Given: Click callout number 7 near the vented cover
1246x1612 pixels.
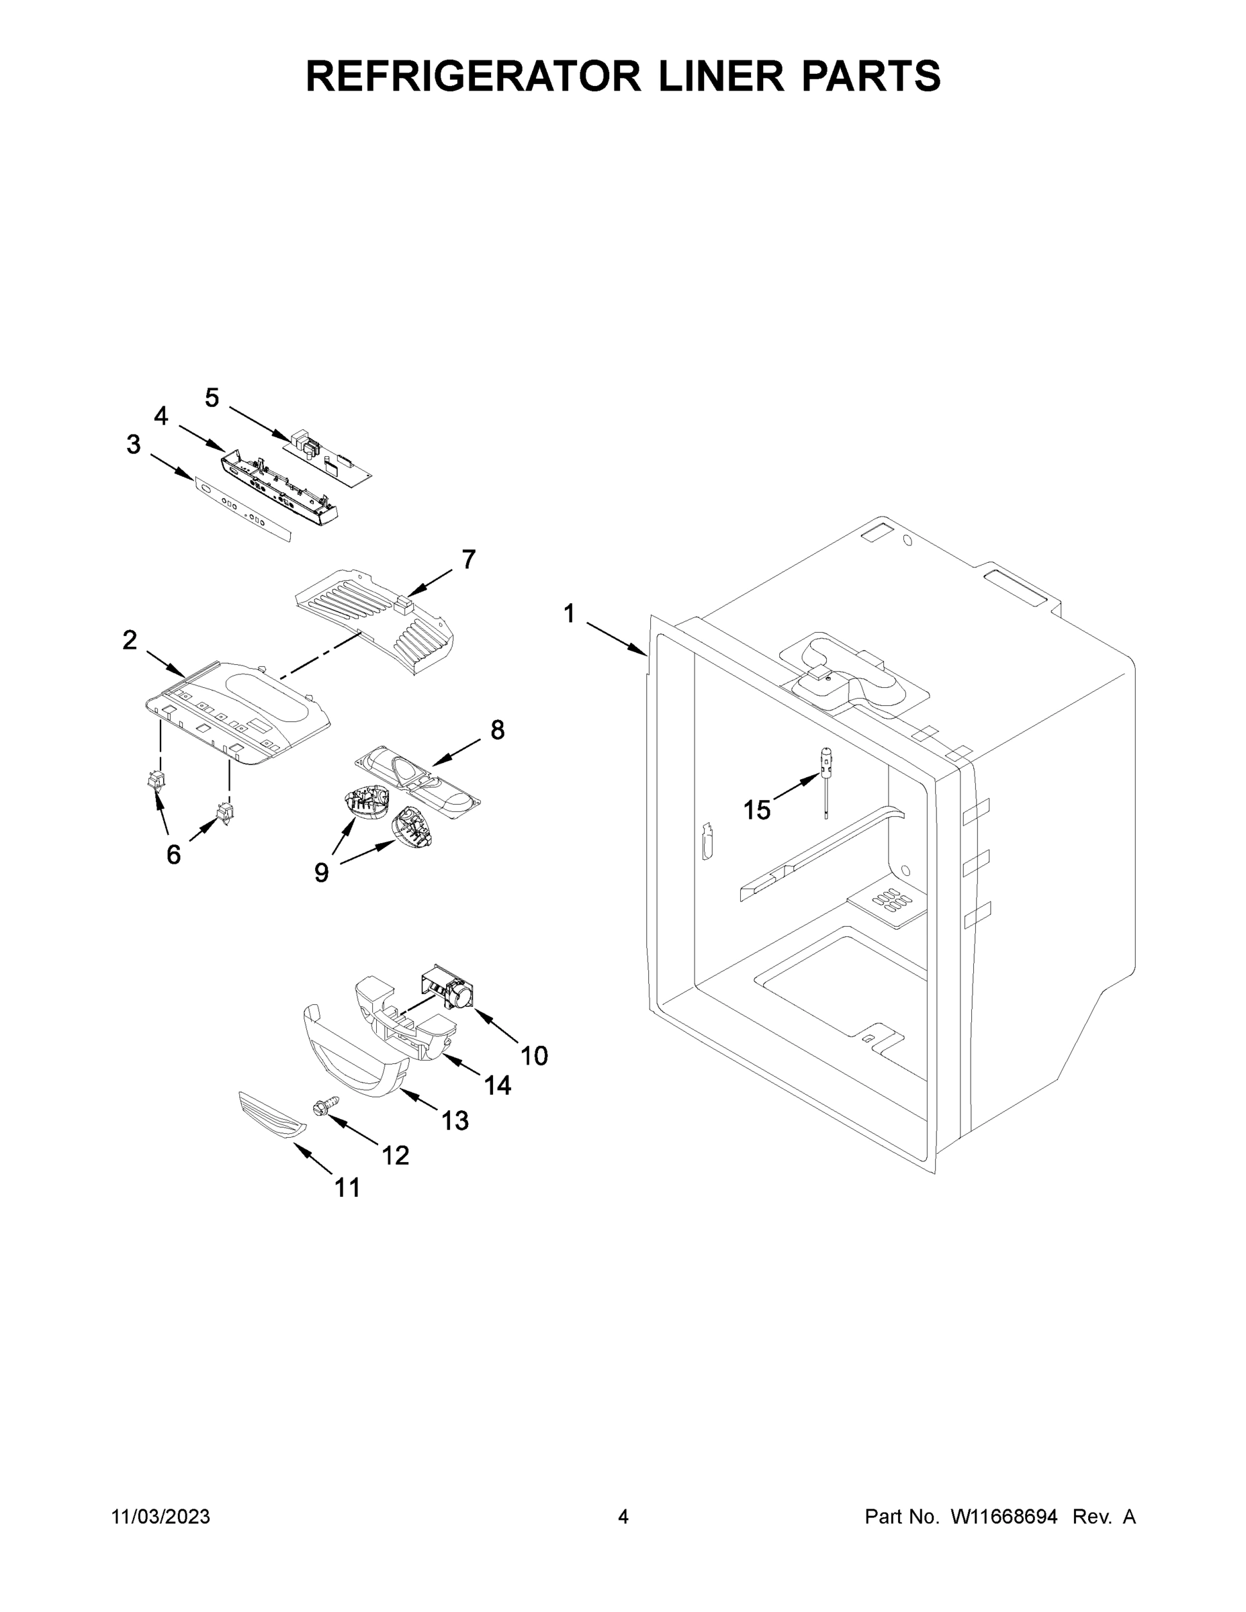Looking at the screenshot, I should (469, 559).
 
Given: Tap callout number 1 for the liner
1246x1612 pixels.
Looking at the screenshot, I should (569, 613).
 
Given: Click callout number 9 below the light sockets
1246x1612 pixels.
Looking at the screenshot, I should (322, 873).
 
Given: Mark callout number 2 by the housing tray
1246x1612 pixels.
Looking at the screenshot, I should (130, 640).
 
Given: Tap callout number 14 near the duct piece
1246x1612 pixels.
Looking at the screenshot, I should (498, 1084).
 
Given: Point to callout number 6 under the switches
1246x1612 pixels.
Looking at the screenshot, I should (173, 855).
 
